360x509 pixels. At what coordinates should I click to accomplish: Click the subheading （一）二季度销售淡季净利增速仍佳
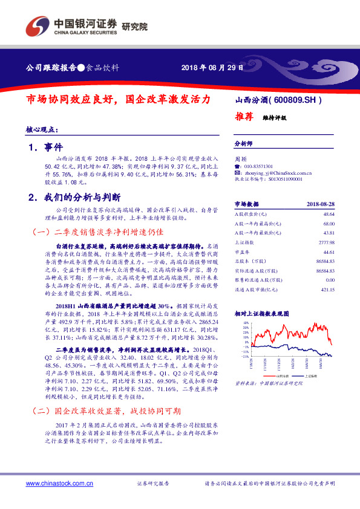[x=96, y=232]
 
